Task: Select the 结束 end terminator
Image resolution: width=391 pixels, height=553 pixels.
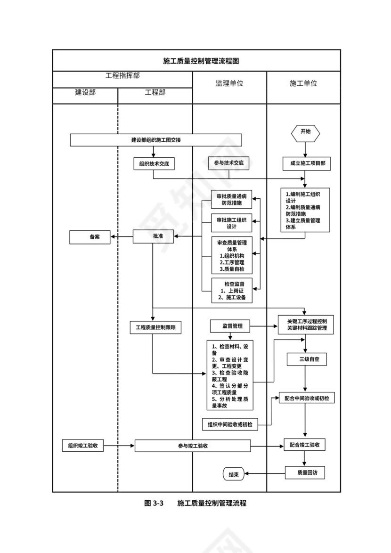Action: click(233, 475)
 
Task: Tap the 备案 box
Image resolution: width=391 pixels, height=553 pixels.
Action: click(90, 237)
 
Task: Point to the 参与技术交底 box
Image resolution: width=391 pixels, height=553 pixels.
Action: click(229, 163)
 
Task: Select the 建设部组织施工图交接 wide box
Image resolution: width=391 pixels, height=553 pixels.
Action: click(156, 140)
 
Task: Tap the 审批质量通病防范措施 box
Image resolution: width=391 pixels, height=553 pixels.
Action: click(231, 200)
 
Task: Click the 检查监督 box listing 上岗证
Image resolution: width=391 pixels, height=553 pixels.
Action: click(231, 291)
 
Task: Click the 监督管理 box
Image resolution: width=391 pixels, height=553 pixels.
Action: click(230, 325)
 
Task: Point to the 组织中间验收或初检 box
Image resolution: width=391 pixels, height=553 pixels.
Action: click(230, 424)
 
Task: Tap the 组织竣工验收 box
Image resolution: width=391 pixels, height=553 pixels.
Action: click(83, 446)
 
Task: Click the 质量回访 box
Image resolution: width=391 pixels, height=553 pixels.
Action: click(305, 472)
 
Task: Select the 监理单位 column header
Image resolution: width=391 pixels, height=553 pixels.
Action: click(229, 83)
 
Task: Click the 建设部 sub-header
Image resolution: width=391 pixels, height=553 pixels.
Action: click(85, 92)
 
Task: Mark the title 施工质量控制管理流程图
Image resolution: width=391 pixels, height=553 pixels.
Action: click(196, 61)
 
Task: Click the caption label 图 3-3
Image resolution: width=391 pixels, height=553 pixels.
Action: click(154, 504)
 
